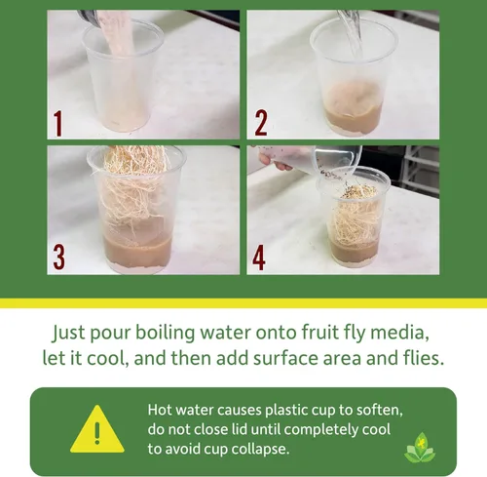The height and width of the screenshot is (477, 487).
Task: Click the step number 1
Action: point(57,124)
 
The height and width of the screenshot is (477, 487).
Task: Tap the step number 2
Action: point(261,123)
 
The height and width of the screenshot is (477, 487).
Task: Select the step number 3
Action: point(59,258)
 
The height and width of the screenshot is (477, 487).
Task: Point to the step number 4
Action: point(259,258)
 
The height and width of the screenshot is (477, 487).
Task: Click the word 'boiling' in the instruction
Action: point(165,333)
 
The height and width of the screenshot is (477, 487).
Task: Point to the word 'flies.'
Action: point(424,358)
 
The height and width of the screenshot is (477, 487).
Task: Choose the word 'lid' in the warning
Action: point(240,429)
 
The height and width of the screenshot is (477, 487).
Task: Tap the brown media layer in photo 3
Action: point(137,253)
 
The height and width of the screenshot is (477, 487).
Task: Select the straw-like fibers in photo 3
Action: point(133,188)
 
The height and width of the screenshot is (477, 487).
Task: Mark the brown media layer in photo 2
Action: point(354,119)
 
